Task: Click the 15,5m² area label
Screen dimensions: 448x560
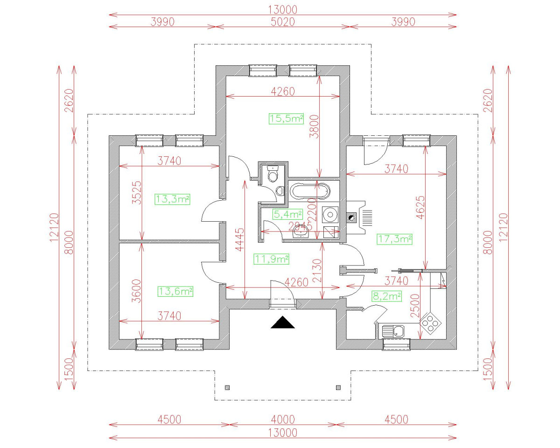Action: pos(286,119)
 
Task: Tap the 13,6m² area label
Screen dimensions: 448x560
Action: pos(176,292)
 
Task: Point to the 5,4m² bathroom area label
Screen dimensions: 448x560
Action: pos(287,214)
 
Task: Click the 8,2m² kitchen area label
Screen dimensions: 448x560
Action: pos(386,296)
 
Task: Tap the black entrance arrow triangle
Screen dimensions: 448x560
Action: pos(283,323)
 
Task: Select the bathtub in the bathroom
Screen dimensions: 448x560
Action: pos(310,191)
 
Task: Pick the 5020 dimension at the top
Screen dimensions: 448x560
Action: pos(282,21)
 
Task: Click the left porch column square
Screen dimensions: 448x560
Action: pos(227,387)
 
